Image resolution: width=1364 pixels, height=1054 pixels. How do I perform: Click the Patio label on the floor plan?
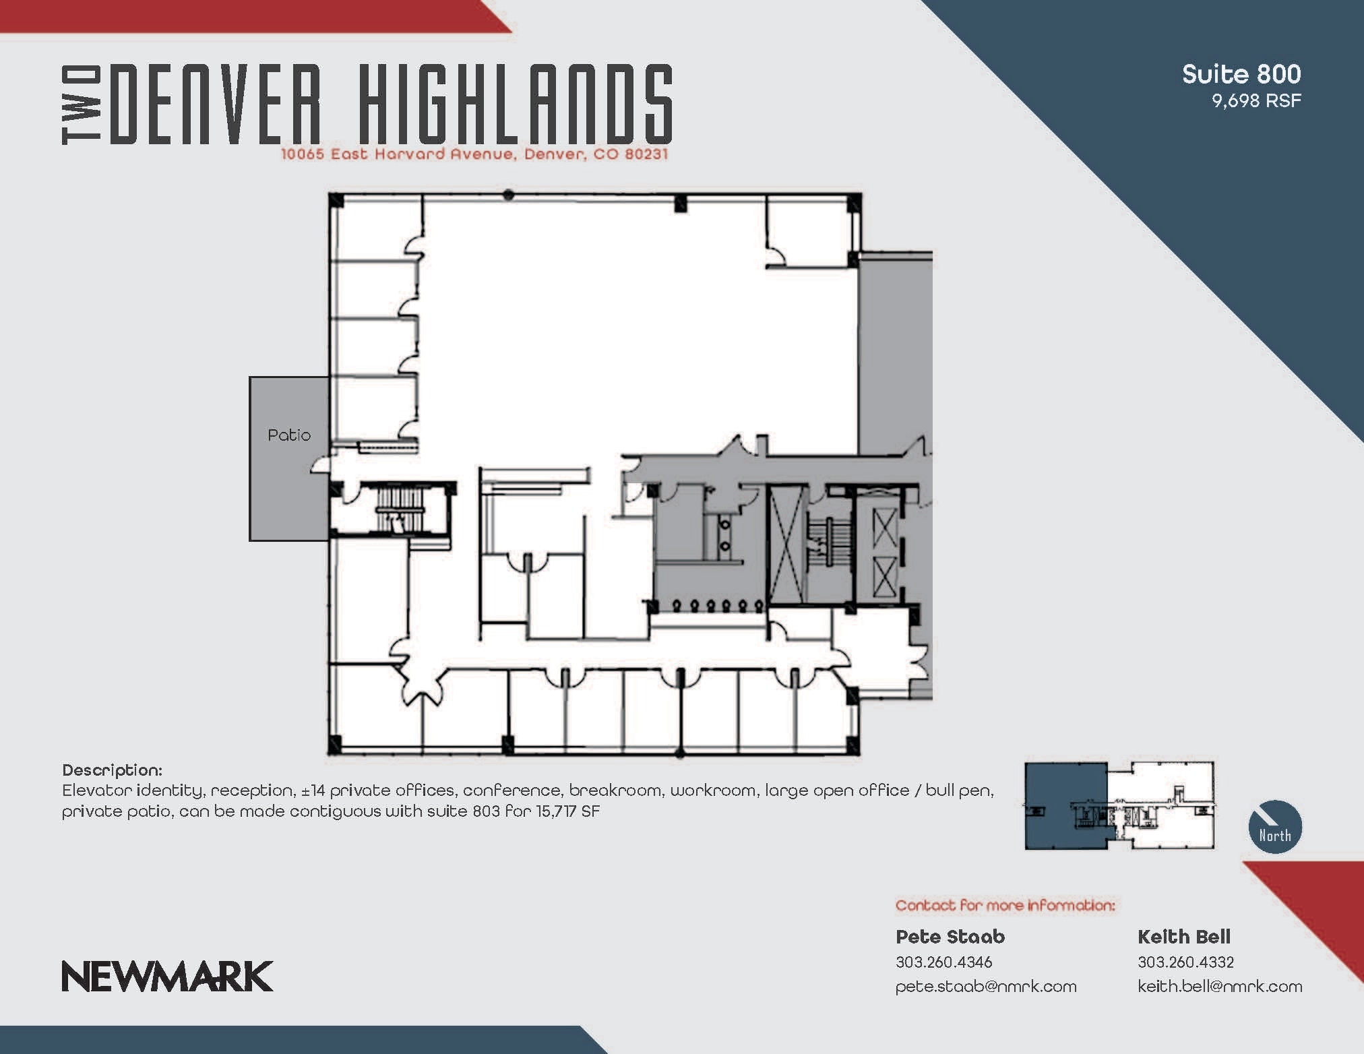pyautogui.click(x=289, y=435)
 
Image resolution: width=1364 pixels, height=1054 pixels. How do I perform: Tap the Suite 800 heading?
pyautogui.click(x=1241, y=74)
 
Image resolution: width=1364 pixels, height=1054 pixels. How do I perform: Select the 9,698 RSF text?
pyautogui.click(x=1256, y=101)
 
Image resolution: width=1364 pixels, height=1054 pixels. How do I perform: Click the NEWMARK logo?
pyautogui.click(x=167, y=976)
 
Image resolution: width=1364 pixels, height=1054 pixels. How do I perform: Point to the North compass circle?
pyautogui.click(x=1274, y=827)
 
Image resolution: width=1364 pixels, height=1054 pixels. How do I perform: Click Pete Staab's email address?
pyautogui.click(x=985, y=987)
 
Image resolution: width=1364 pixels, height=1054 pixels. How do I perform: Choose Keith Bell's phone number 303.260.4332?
pyautogui.click(x=1185, y=962)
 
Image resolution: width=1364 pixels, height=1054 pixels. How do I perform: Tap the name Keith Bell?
pyautogui.click(x=1183, y=937)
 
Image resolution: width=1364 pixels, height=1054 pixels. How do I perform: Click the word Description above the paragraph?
pyautogui.click(x=112, y=770)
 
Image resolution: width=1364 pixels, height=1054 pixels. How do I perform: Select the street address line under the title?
pyautogui.click(x=474, y=154)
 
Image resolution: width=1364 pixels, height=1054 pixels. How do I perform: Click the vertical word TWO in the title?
pyautogui.click(x=82, y=105)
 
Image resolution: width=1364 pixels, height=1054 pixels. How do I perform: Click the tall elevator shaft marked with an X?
pyautogui.click(x=787, y=545)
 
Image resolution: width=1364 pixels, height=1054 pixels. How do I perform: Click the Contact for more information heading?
pyautogui.click(x=1005, y=906)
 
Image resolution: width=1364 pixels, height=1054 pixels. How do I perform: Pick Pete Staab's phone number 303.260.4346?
pyautogui.click(x=943, y=962)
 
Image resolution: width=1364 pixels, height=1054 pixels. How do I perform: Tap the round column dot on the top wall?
pyautogui.click(x=509, y=195)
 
